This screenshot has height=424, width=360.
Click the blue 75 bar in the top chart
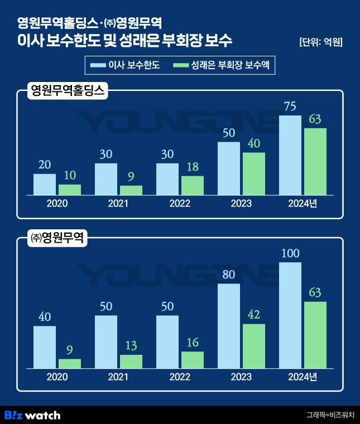(x=290, y=156)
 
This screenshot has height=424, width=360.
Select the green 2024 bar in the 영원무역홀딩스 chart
(x=315, y=162)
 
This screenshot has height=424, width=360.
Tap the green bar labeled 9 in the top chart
(x=131, y=190)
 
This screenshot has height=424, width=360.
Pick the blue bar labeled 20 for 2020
(x=45, y=185)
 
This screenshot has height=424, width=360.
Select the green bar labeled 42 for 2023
(x=254, y=346)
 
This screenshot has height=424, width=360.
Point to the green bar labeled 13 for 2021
(x=131, y=362)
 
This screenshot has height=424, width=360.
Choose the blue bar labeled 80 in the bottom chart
(x=228, y=326)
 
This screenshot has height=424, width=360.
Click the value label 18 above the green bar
(x=192, y=167)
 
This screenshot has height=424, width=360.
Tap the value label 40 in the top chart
(x=253, y=143)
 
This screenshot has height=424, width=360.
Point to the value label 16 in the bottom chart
(x=192, y=343)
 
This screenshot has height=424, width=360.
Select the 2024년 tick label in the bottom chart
(x=303, y=377)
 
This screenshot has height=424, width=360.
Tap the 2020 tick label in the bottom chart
(x=57, y=377)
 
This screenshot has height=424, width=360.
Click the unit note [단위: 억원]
(x=320, y=42)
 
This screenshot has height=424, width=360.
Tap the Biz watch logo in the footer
(x=32, y=415)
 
